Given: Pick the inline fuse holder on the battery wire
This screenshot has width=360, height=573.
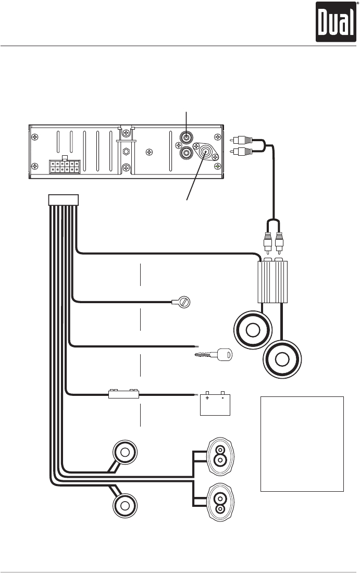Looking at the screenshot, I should [123, 394].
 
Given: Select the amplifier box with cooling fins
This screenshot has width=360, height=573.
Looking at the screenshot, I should [272, 281].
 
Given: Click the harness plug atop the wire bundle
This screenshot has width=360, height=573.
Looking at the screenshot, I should [63, 200].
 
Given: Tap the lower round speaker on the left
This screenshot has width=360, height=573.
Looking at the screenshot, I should [125, 505].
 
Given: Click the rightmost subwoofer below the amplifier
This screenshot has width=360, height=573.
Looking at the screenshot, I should [282, 359].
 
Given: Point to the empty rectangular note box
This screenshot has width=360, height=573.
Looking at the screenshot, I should [302, 443].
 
